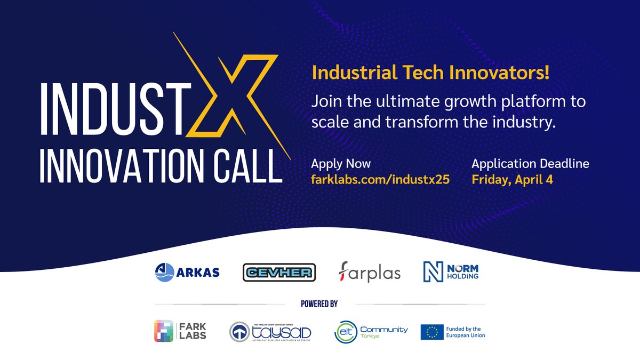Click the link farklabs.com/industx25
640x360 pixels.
pos(380,179)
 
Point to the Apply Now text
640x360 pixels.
pos(341,164)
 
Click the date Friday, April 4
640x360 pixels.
pos(512,179)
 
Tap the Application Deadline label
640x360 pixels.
pos(531,164)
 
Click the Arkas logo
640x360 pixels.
pos(187,272)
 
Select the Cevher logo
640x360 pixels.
pos(279,273)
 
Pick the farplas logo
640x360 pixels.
pos(370,273)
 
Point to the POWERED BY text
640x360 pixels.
pos(319,304)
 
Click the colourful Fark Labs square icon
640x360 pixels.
pos(164,331)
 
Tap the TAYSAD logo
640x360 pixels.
pos(270,332)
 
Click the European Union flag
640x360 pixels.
pos(432,332)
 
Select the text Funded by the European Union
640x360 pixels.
pos(467,332)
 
